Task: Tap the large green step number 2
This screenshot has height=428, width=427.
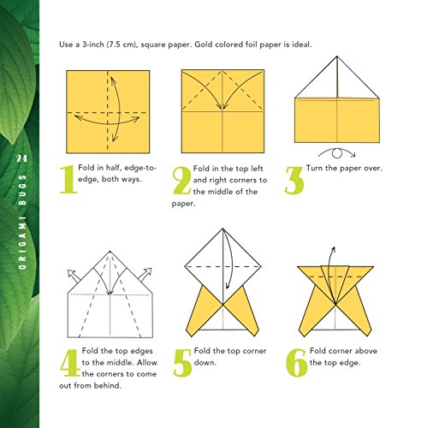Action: click(181, 181)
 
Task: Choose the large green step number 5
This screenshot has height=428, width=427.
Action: click(181, 362)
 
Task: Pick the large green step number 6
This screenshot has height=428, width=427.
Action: click(294, 362)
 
